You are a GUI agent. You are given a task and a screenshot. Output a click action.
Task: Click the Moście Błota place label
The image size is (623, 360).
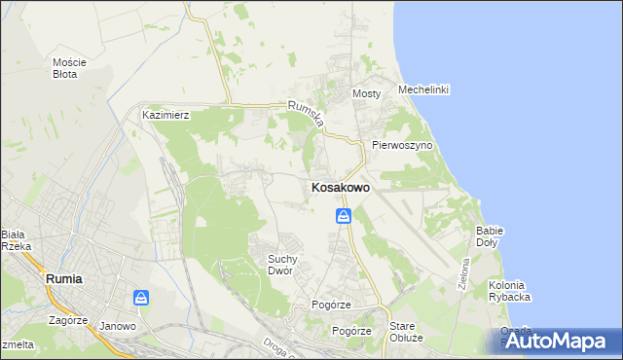click(69, 68)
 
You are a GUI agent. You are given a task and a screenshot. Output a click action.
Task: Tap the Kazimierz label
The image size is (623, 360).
click(165, 115)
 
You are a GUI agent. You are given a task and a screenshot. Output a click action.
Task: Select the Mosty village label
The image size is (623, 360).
click(366, 94)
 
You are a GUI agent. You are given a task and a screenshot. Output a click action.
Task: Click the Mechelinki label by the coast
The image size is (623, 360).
click(423, 90)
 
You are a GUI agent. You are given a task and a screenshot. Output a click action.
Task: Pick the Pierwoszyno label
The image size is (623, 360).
click(402, 145)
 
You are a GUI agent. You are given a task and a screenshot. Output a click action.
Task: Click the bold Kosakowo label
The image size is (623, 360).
click(340, 188)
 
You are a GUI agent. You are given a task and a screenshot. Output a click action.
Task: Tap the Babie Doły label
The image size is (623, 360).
click(489, 235)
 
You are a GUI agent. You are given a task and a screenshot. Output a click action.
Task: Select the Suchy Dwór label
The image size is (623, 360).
click(287, 264)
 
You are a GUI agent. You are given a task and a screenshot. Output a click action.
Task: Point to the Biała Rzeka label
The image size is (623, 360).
click(16, 240)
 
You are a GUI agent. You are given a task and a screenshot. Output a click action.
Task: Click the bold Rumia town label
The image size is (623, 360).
click(64, 278)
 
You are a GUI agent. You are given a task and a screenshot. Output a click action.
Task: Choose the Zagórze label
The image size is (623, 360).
click(69, 318)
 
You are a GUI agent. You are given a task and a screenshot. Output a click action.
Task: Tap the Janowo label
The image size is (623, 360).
click(118, 326)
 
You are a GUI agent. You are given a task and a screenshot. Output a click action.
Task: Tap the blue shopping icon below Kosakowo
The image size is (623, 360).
click(344, 216)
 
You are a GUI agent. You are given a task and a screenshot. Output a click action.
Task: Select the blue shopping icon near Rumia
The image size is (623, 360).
click(142, 297)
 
